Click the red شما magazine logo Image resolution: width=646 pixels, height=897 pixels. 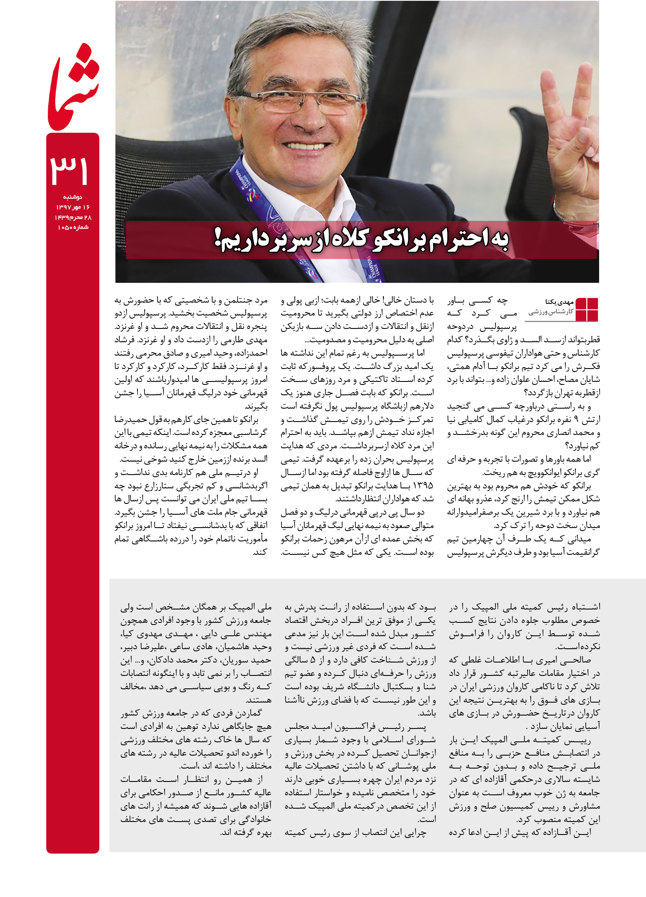point(73,88)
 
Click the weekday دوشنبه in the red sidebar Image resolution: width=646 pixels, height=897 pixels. point(73,197)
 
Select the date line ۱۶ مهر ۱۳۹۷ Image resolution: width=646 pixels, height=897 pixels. point(73,207)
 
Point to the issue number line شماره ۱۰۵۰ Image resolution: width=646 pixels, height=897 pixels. point(73,227)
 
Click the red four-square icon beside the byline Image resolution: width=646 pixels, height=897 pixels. point(587,309)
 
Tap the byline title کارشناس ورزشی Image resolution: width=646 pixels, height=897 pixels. point(551,312)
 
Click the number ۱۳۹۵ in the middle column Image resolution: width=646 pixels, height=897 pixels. point(422,486)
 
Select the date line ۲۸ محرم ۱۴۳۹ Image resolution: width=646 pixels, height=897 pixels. point(73,217)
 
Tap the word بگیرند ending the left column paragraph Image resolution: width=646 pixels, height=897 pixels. point(256,406)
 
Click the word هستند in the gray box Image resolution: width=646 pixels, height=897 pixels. point(258,700)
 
